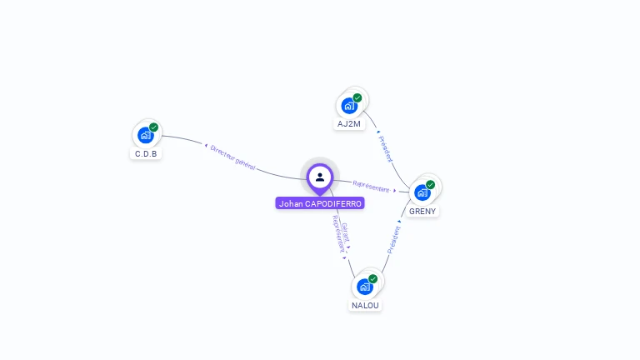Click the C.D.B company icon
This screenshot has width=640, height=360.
pos(146,135)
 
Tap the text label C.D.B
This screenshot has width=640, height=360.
pos(146,154)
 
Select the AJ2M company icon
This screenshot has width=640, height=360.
pos(349,106)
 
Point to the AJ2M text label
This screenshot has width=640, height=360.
pos(349,124)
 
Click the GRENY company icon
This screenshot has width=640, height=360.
pos(422,192)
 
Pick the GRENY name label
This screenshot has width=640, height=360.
pos(422,212)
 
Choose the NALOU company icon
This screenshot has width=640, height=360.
pos(365,287)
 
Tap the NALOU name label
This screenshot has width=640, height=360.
pos(365,306)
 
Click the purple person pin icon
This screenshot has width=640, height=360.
pos(320,177)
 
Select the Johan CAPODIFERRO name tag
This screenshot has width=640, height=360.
pos(320,203)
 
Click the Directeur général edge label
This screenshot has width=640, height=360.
pos(232,157)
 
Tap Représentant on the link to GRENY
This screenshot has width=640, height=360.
pos(371,187)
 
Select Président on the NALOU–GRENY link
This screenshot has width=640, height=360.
pos(393,238)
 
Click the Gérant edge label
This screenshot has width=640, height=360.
pos(345,232)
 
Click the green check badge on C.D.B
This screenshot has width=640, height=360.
pos(154,127)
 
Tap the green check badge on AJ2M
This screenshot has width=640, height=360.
pos(357,97)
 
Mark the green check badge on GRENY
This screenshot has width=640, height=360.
pos(431,184)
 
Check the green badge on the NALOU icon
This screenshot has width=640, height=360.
pos(373,278)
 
